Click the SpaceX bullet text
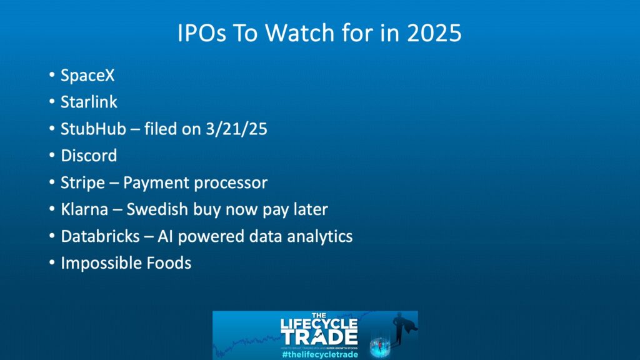click(87, 76)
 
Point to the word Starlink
click(89, 102)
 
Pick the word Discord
click(89, 156)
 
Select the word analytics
click(317, 236)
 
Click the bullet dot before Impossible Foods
click(52, 263)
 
